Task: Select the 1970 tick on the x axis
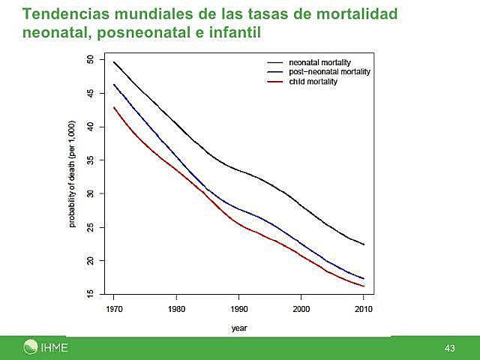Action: click(x=114, y=308)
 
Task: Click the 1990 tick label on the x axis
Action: click(x=238, y=308)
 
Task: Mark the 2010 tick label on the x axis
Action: click(x=363, y=308)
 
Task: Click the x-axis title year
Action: click(x=238, y=328)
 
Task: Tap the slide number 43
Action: click(x=449, y=348)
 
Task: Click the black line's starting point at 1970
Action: click(x=114, y=61)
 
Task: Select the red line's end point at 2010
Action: click(x=363, y=286)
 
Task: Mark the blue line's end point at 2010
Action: click(x=363, y=278)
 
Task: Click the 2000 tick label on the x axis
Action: click(x=301, y=308)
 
